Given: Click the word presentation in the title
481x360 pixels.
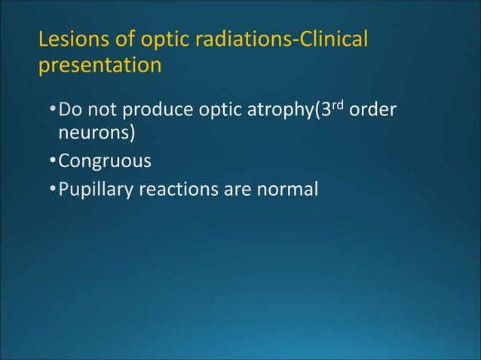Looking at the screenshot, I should (x=100, y=66).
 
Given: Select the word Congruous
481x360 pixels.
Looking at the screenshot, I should (x=105, y=162).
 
